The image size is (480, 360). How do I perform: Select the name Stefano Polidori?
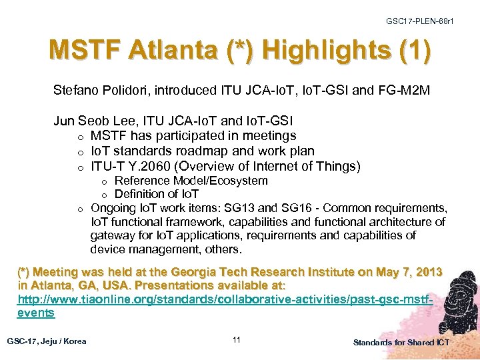click(x=97, y=89)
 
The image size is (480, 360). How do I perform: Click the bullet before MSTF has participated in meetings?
click(x=79, y=137)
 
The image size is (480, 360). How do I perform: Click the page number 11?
click(x=237, y=341)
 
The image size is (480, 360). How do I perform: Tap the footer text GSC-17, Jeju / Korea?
click(x=47, y=341)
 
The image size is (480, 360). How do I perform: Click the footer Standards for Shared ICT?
click(x=401, y=342)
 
